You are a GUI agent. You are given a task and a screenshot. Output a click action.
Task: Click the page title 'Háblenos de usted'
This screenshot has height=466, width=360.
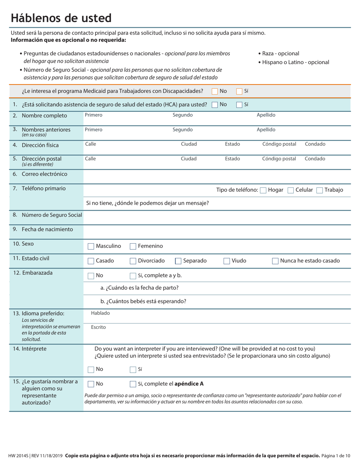point(61,18)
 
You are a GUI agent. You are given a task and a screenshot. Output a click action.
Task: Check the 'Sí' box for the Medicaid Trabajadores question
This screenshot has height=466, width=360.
point(239,91)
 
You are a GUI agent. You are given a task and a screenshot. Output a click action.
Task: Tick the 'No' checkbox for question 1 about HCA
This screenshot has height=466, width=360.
point(214,105)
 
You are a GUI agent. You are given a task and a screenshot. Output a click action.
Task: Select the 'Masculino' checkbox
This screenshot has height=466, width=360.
point(91,246)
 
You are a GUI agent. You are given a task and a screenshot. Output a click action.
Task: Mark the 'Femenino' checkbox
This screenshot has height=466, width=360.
point(133,246)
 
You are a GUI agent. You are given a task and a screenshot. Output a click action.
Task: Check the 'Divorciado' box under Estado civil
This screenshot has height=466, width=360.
point(133,261)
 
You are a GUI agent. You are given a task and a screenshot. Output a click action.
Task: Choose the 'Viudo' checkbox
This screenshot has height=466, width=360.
point(227,261)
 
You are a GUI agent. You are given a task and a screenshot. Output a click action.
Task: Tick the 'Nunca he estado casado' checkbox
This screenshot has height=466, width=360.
point(275,261)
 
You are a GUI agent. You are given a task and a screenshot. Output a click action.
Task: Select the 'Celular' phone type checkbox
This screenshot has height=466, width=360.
point(291,190)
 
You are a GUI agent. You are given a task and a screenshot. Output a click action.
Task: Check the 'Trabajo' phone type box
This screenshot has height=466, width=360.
point(319,190)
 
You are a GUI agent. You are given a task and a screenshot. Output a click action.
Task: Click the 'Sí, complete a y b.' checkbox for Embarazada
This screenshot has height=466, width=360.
point(133,275)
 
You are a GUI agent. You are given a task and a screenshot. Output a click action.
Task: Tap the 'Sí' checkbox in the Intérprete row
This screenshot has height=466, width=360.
point(133,369)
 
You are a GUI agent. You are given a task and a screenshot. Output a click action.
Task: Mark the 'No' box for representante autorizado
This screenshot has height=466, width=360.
point(91,384)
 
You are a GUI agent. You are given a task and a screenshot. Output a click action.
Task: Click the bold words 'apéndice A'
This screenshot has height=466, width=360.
point(189,384)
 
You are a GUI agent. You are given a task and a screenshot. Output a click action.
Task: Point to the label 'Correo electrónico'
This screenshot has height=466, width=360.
point(44,174)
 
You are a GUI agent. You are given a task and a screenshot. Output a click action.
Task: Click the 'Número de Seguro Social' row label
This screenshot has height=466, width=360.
point(52,215)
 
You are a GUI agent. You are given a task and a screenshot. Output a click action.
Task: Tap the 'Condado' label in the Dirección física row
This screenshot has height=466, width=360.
point(315,144)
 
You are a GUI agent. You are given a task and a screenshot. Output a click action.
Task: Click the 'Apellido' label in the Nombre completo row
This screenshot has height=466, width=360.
point(266,115)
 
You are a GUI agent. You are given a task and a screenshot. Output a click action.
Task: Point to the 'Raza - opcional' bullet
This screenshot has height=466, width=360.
point(280,53)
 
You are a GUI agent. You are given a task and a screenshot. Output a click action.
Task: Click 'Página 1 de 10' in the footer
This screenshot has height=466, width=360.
point(336,455)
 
